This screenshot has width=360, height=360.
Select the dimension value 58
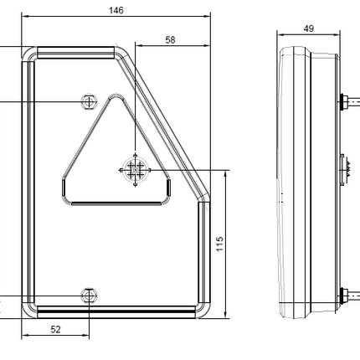(171, 39)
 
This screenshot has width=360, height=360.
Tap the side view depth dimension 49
(308, 28)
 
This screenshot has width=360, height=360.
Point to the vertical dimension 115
(219, 244)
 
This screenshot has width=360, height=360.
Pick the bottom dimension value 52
(55, 329)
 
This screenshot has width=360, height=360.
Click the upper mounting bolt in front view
(90, 101)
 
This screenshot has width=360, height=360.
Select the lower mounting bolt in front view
(90, 294)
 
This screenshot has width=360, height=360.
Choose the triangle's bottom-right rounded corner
(167, 193)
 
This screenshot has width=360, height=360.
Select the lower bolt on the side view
(345, 294)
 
